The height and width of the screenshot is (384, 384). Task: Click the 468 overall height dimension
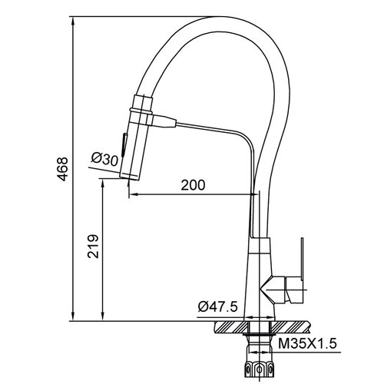(63, 169)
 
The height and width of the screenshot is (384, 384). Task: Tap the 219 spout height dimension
(93, 246)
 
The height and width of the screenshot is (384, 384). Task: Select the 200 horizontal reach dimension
(193, 185)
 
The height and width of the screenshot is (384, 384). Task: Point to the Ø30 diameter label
(104, 159)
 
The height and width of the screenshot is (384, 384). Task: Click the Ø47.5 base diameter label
(217, 306)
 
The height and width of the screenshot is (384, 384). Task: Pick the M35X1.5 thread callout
(307, 343)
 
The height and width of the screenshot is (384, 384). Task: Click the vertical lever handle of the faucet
(302, 259)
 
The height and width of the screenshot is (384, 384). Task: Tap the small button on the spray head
(124, 144)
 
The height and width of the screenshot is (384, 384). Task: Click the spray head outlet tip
(129, 177)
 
